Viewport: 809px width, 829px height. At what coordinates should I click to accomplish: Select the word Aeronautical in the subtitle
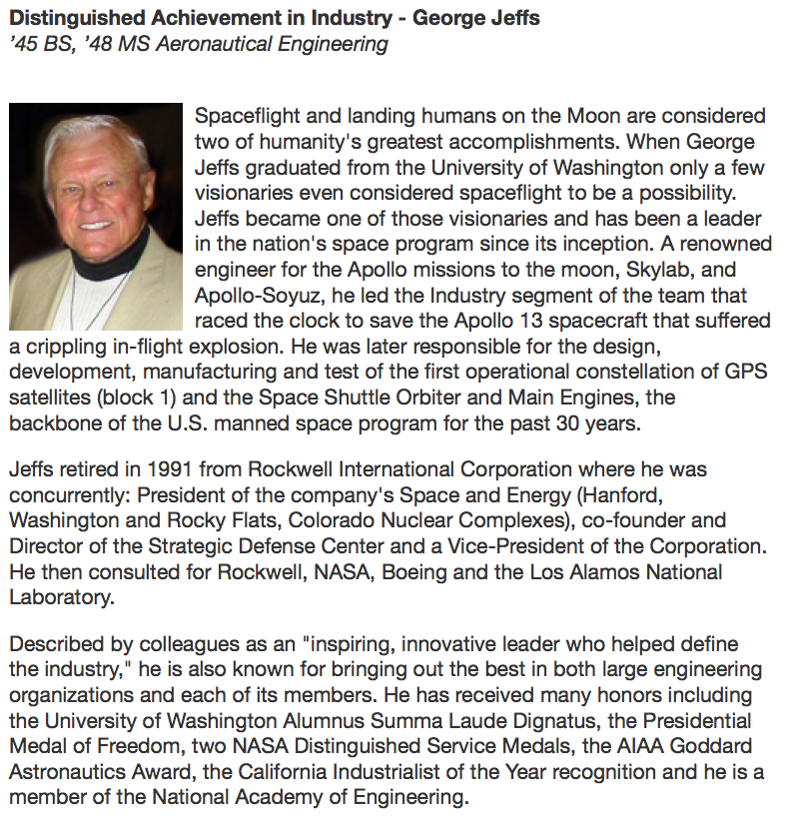click(x=207, y=44)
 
